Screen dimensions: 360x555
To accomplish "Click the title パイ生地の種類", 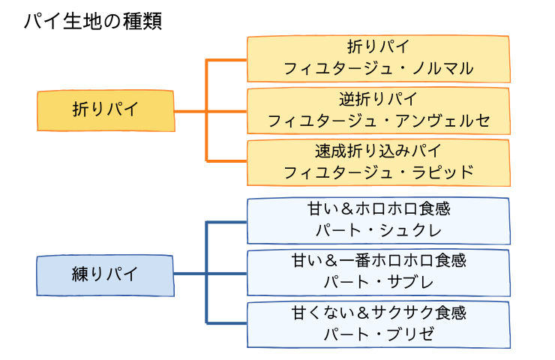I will [92, 20].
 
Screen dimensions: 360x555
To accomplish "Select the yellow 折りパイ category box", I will [106, 110].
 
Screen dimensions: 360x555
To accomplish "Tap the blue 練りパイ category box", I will [106, 274].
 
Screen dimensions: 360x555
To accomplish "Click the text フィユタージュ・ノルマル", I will [379, 69].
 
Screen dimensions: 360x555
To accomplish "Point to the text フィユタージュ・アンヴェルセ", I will [379, 120].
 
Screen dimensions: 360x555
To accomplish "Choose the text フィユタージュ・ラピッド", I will [379, 172].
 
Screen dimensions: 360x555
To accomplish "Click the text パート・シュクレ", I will [379, 230].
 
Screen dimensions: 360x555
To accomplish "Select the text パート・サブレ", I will [379, 282].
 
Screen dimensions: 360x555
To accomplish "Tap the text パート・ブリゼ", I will [379, 334].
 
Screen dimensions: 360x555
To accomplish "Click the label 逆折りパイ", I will [379, 99].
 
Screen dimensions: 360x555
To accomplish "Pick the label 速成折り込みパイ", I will [379, 151].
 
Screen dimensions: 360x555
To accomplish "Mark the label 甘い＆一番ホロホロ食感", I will [379, 260].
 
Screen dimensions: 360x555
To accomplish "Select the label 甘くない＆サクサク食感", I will [379, 312].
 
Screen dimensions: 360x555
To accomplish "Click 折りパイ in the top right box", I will [379, 47].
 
